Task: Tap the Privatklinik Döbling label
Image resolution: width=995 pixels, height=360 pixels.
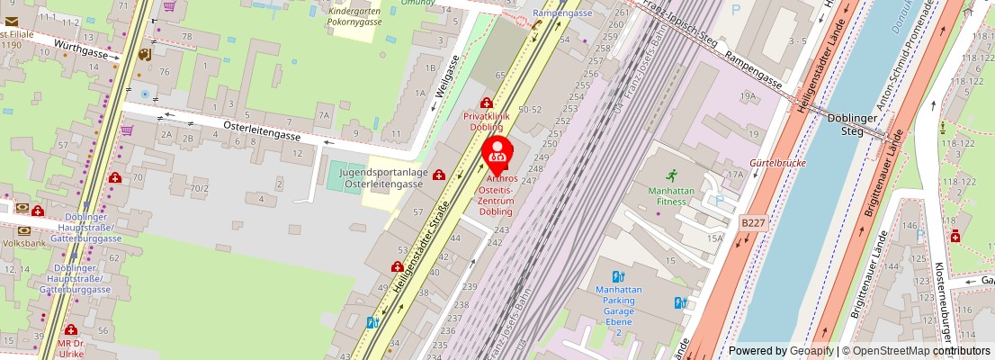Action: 487,121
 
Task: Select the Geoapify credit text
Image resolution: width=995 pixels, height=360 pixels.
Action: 811,351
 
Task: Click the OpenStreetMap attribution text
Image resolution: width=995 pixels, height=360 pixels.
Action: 885,351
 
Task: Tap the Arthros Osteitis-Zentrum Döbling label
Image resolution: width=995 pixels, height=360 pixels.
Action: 497,194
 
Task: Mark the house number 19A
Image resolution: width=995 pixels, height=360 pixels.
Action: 747,94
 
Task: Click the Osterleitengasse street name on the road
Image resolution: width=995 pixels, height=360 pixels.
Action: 261,130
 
